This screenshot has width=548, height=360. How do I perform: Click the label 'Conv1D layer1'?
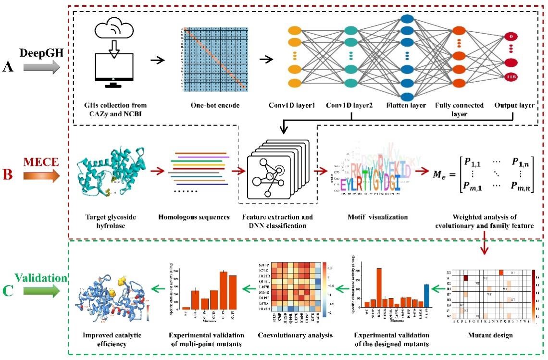(297, 105)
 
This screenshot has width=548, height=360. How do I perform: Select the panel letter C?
(8, 291)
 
